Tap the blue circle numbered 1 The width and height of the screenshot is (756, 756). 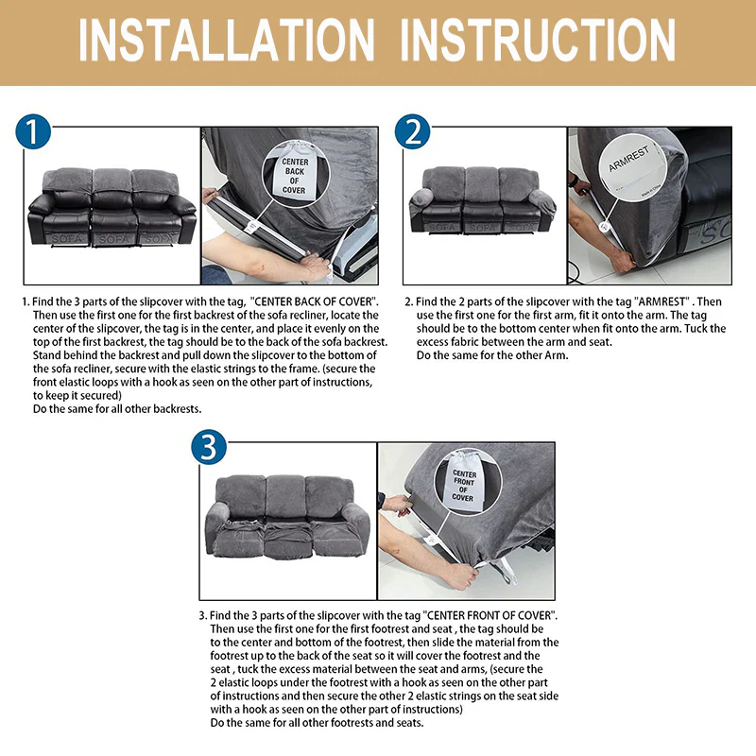pos(34,133)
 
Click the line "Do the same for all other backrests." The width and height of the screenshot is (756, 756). pos(117,408)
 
